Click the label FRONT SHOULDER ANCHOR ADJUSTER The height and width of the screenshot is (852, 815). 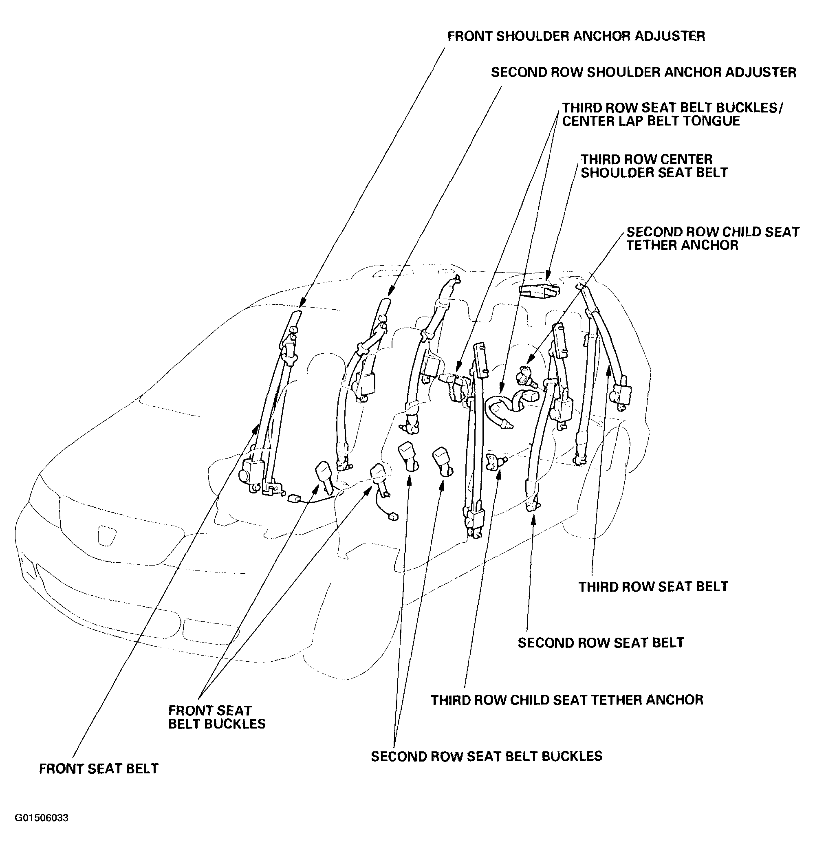pos(576,36)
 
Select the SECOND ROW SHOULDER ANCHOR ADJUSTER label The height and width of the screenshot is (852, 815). pos(643,72)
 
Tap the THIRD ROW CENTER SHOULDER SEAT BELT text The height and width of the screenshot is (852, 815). pos(654,166)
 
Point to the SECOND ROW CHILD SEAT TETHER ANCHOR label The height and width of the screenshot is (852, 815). pos(712,238)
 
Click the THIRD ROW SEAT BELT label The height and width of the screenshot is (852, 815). pos(653,586)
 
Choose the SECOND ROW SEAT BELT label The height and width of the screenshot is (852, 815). pos(601,643)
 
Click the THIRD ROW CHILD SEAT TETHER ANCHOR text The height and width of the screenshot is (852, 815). pos(567,700)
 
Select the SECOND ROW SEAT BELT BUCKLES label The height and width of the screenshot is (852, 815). pos(487,756)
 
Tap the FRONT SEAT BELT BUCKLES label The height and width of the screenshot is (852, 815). pos(217,717)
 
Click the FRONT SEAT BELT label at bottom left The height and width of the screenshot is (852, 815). pos(99,768)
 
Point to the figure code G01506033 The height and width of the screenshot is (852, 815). pos(42,818)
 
